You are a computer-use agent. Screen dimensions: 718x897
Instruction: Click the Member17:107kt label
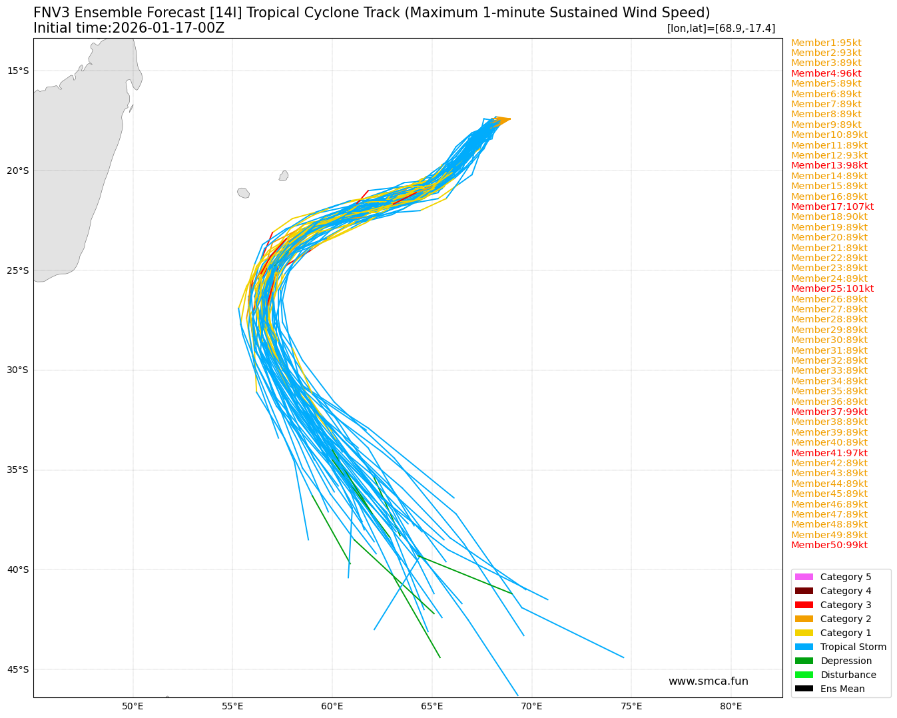(832, 206)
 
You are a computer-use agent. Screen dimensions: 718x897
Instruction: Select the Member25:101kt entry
(832, 288)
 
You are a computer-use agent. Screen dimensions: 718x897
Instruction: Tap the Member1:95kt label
(826, 43)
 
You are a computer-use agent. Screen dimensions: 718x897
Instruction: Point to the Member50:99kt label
(829, 545)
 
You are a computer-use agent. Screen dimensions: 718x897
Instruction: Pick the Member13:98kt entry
(829, 165)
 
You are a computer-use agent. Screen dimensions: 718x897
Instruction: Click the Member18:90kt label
(829, 216)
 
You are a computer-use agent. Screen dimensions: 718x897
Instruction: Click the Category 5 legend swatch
(804, 577)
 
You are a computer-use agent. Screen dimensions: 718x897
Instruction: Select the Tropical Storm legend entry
(853, 647)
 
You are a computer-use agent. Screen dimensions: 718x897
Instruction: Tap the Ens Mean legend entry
(842, 689)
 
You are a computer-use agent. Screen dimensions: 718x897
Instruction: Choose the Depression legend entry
(846, 661)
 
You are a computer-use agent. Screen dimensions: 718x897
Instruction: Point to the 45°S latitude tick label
(18, 669)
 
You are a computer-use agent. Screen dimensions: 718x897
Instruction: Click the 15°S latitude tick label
(18, 71)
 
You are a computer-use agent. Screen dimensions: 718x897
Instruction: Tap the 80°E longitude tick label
(731, 706)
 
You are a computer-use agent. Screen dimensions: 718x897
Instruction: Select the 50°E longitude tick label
(133, 706)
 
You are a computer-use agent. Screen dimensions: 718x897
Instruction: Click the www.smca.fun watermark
(708, 681)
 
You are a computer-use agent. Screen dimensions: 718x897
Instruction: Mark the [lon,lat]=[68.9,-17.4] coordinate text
(721, 28)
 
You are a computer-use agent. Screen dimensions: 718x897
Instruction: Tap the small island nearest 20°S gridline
(284, 176)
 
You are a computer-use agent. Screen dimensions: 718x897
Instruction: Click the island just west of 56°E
(243, 192)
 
